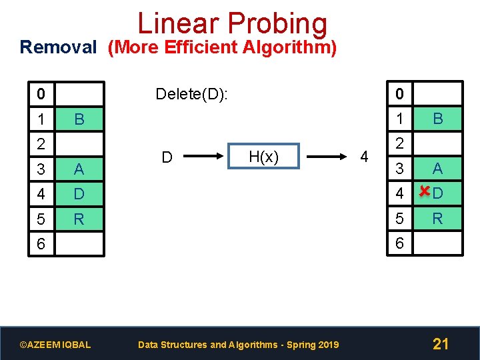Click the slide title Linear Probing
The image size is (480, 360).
tap(232, 24)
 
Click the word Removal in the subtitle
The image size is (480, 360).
tap(59, 48)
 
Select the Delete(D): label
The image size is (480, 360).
tap(191, 94)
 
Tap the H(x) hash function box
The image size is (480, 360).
tap(263, 157)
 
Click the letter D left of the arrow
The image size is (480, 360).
tap(168, 158)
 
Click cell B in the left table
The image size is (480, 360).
tap(79, 120)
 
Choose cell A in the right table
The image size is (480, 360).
tap(437, 169)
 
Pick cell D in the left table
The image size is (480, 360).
tap(79, 195)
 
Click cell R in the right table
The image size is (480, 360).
tap(437, 219)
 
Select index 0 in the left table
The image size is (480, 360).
tap(41, 94)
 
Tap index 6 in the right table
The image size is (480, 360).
tap(400, 244)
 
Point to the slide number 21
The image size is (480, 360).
tap(441, 344)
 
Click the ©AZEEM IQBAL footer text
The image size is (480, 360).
tap(55, 345)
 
